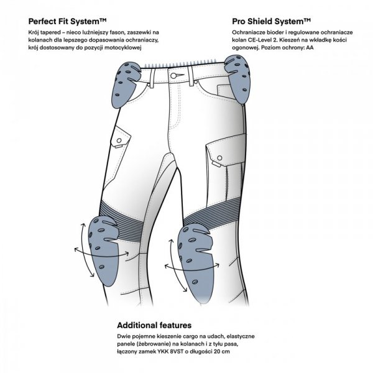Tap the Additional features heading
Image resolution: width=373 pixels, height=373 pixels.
coord(154,325)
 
